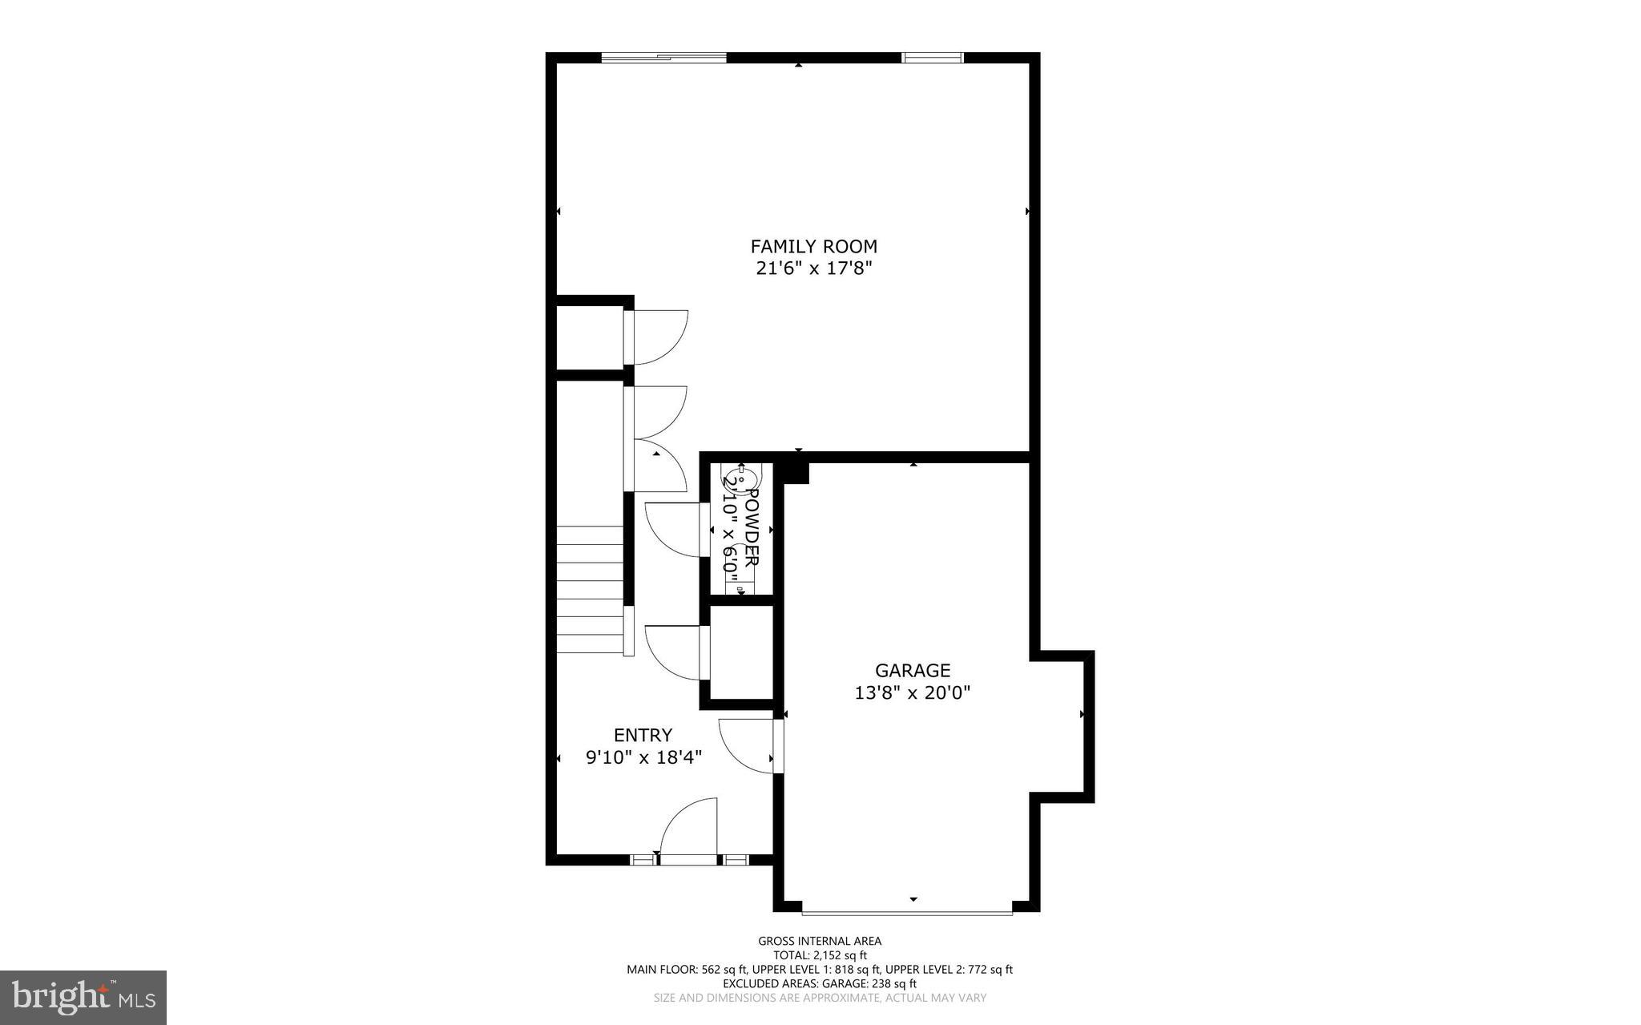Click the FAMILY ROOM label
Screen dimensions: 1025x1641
coord(813,246)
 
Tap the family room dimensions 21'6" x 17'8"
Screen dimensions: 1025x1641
coord(813,268)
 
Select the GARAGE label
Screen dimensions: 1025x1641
coord(912,670)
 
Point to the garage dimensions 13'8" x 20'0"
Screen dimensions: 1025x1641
coord(912,692)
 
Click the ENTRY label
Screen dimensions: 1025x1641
coord(643,735)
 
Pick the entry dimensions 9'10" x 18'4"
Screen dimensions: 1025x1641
coord(643,757)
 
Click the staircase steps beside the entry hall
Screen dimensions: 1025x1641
coord(590,589)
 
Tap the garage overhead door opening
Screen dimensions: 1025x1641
coord(907,912)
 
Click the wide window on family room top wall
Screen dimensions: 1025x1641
coord(663,58)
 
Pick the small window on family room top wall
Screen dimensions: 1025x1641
coord(932,58)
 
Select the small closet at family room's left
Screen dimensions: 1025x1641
coord(590,337)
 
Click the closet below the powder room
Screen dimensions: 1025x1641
coord(741,652)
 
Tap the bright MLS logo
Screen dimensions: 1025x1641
coord(83,997)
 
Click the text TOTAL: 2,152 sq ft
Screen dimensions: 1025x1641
coord(820,955)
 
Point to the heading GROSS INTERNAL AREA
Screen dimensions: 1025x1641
coord(820,941)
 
